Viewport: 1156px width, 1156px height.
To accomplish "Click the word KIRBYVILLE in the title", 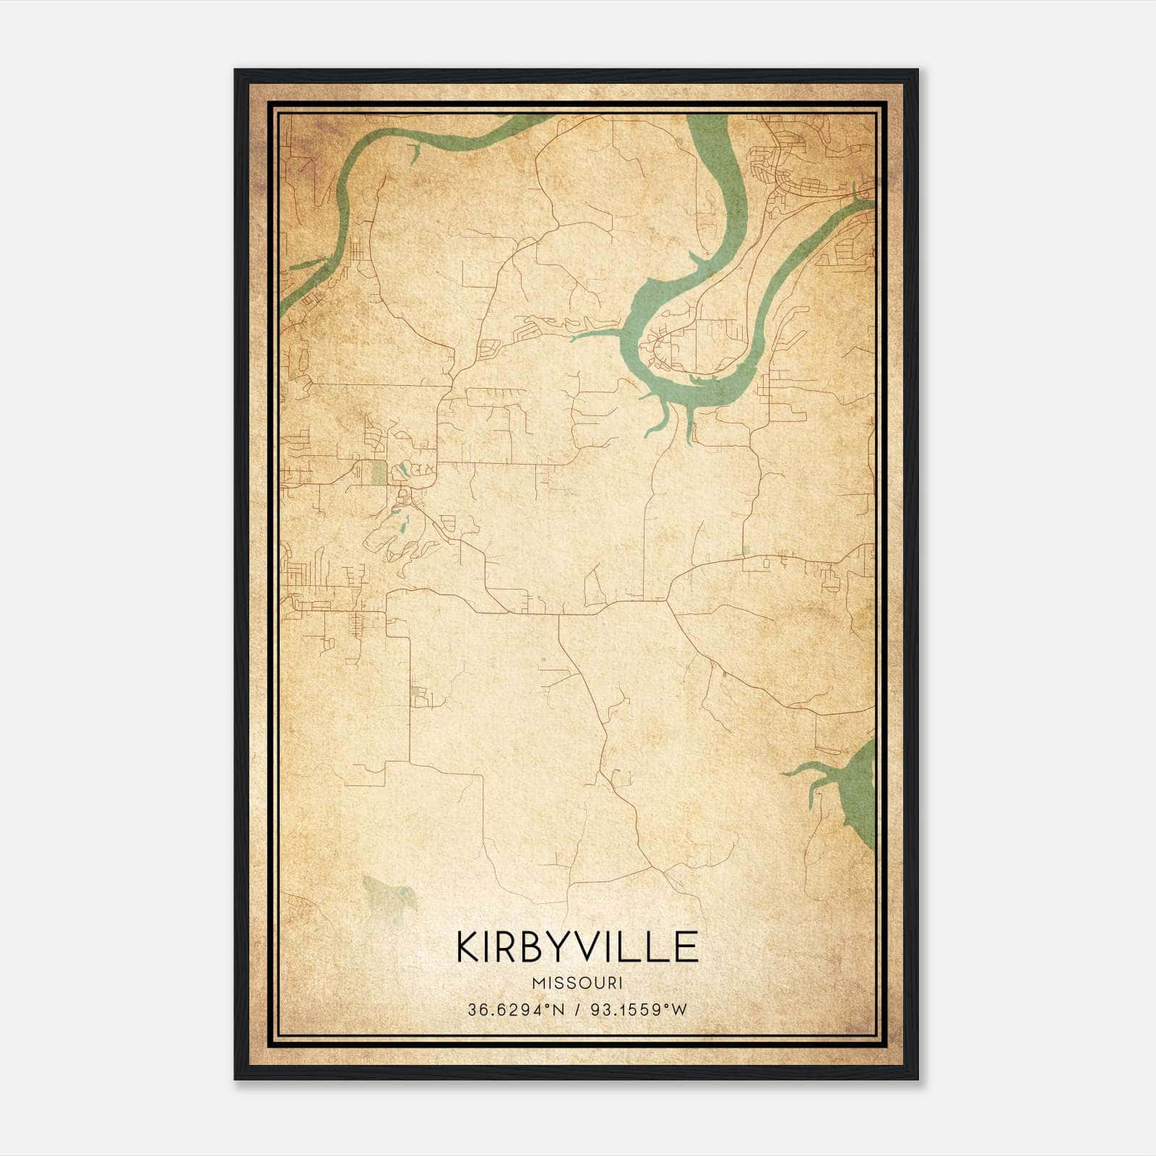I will (x=577, y=947).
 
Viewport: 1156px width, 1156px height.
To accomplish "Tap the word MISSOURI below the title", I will (x=577, y=983).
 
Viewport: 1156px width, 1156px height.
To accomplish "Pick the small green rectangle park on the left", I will (x=378, y=473).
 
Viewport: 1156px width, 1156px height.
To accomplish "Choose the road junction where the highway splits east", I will (x=668, y=600).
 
